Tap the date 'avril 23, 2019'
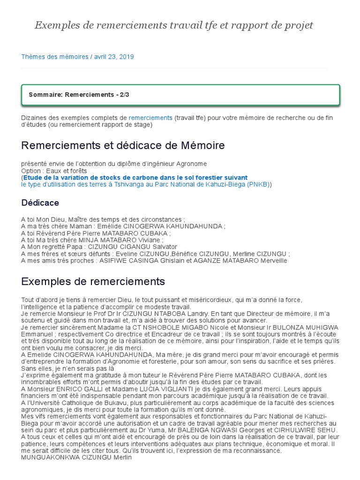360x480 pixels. [114, 57]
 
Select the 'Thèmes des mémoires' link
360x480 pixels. [55, 57]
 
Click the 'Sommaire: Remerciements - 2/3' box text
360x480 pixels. [79, 95]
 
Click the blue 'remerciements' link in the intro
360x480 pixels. [150, 118]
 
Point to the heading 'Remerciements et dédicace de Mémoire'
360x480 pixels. [123, 145]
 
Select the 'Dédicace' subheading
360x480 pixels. [40, 203]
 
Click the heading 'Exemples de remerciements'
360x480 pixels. [93, 281]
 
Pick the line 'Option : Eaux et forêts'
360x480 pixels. [54, 171]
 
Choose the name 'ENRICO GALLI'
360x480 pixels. [76, 389]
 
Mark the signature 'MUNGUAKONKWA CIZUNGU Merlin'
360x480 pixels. [76, 457]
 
